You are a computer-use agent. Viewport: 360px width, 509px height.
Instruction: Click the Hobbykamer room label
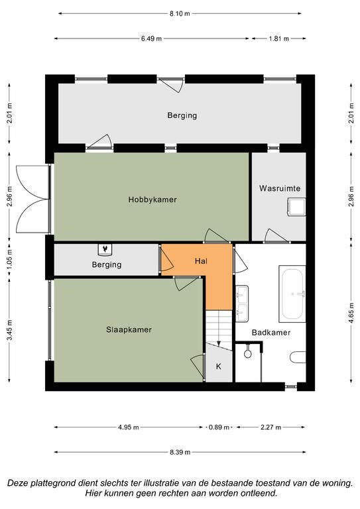(152, 199)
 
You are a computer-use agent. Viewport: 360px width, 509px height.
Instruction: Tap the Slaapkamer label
(129, 330)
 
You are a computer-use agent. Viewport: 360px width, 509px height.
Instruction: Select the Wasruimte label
(280, 188)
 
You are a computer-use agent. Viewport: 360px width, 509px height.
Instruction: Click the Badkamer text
(271, 333)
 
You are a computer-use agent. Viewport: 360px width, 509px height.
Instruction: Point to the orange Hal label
(202, 261)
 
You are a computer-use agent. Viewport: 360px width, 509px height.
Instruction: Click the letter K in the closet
(219, 367)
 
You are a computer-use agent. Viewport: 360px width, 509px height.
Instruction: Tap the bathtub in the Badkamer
(292, 294)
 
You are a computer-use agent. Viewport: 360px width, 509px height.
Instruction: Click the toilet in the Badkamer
(298, 357)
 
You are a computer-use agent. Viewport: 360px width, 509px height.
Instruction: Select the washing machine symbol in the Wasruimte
(296, 207)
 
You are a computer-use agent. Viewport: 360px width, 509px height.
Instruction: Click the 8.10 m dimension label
(180, 14)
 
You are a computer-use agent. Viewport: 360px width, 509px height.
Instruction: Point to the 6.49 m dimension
(151, 38)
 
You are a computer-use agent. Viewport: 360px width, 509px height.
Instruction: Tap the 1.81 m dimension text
(278, 38)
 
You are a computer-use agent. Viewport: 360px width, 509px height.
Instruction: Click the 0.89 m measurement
(219, 427)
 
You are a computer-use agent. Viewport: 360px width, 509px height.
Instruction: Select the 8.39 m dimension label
(180, 452)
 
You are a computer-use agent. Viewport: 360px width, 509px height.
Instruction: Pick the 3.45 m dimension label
(9, 330)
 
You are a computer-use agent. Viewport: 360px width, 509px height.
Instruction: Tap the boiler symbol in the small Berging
(105, 249)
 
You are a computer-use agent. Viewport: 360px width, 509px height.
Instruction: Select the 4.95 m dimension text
(128, 427)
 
